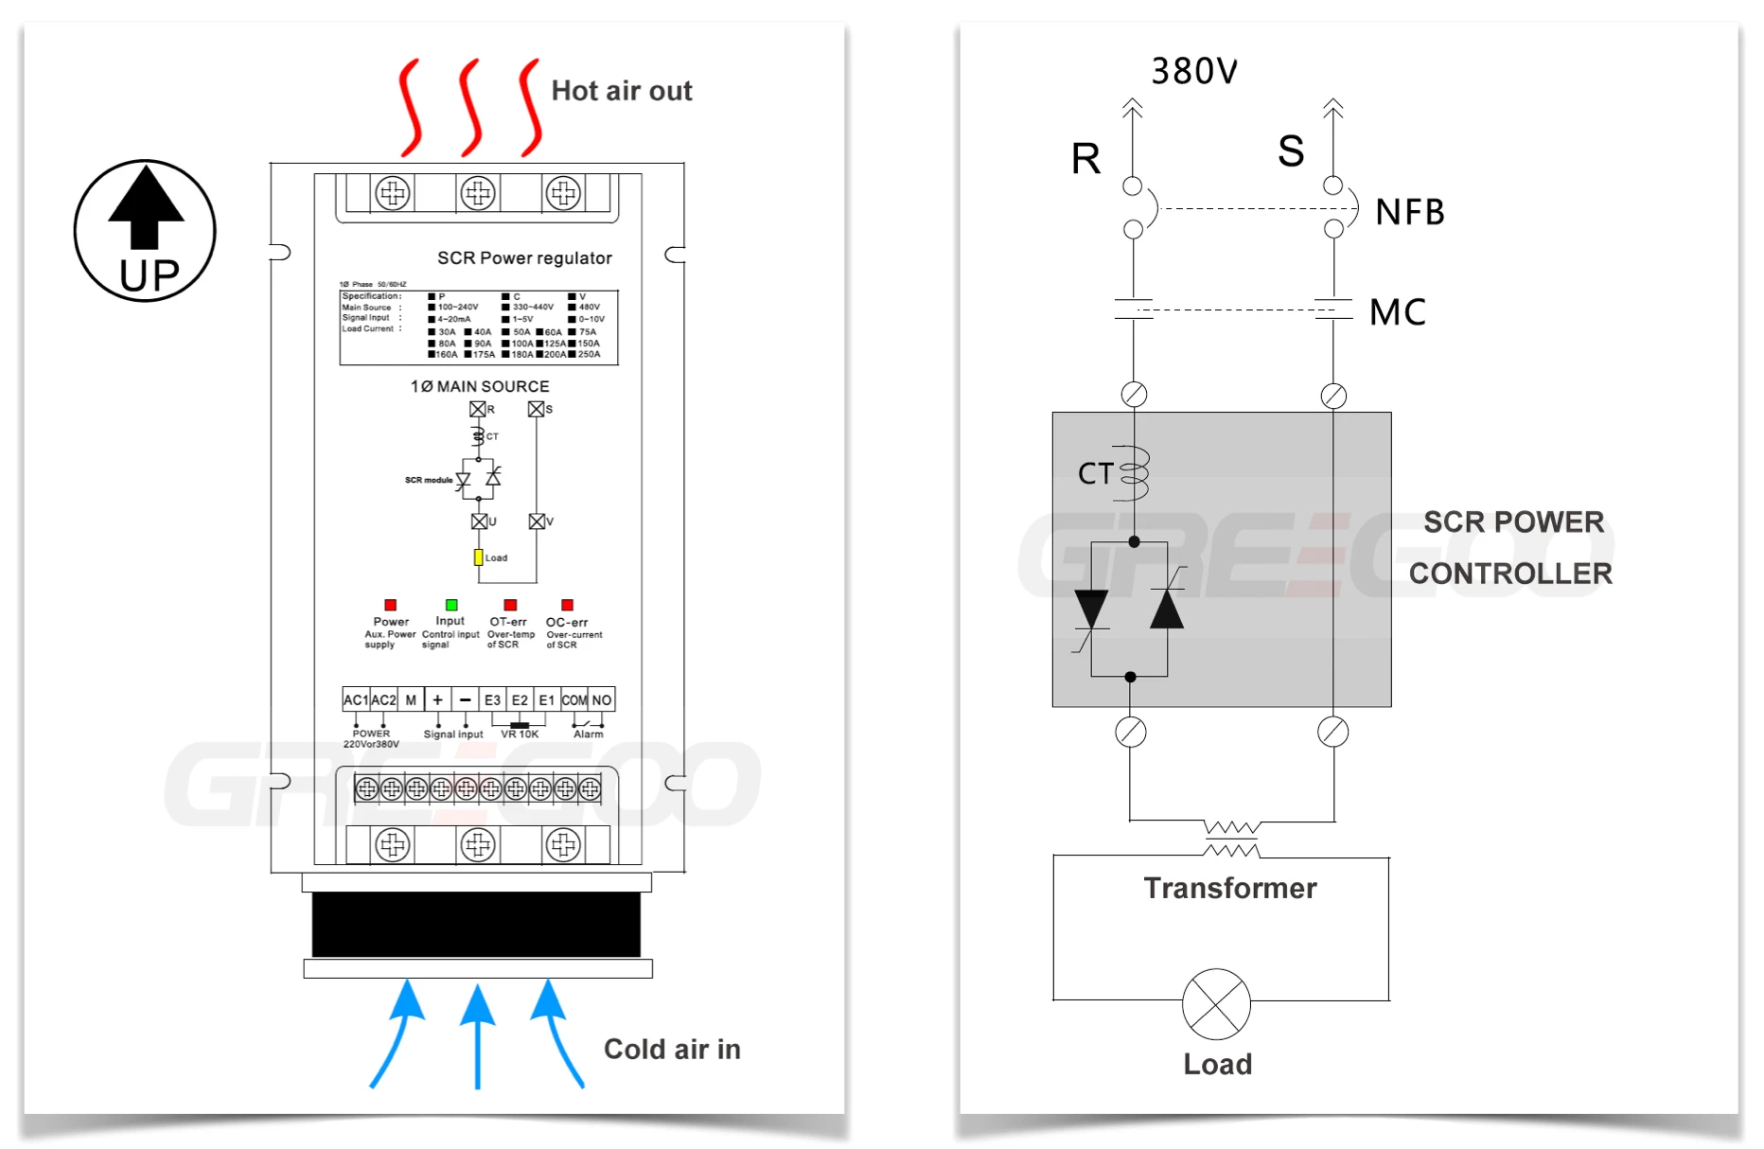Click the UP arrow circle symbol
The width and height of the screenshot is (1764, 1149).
click(x=145, y=230)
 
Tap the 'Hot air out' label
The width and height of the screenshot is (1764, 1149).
click(x=621, y=91)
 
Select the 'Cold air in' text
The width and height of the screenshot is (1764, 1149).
click(x=672, y=1049)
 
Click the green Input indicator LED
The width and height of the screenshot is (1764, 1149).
click(x=451, y=605)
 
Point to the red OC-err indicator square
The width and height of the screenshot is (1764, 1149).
click(x=567, y=605)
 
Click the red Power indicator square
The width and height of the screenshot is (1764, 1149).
click(x=390, y=605)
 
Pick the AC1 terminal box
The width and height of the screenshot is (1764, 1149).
click(x=356, y=699)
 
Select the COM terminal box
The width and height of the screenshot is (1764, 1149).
click(x=574, y=699)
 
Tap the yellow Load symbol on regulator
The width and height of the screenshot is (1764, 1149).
click(x=478, y=557)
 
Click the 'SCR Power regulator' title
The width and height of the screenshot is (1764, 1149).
click(x=524, y=258)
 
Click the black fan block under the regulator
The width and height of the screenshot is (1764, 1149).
click(x=476, y=924)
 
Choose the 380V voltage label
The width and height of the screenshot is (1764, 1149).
click(x=1193, y=71)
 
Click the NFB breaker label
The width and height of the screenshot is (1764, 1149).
click(x=1409, y=212)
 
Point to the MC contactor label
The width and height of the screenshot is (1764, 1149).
click(x=1397, y=312)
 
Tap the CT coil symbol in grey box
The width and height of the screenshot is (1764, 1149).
click(x=1135, y=472)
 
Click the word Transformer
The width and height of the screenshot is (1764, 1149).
click(x=1229, y=888)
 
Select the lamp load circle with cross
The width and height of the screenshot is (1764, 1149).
click(x=1216, y=1003)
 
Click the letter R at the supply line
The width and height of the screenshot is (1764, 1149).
click(x=1085, y=158)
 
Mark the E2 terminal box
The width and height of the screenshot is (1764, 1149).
click(x=520, y=699)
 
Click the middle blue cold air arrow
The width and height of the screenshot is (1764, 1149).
click(x=478, y=1036)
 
